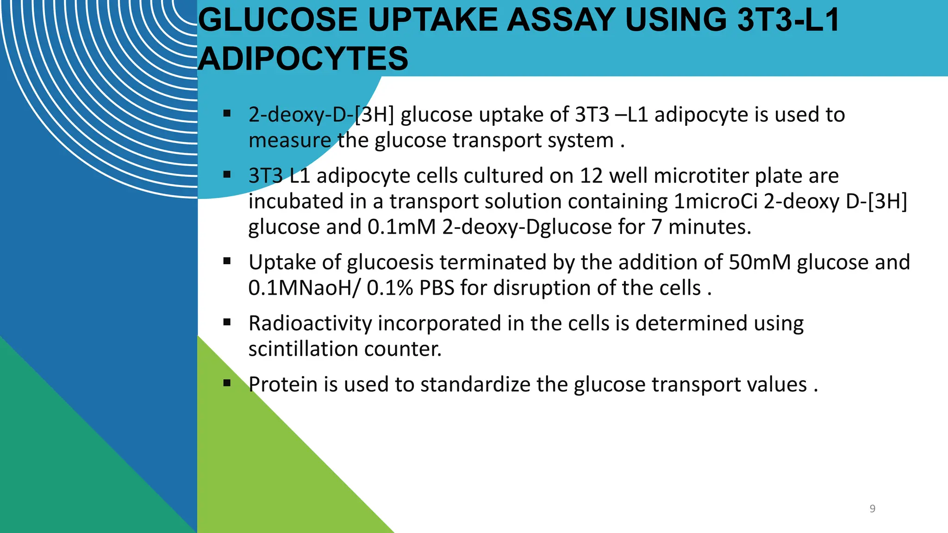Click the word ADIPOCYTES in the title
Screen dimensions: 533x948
pos(303,59)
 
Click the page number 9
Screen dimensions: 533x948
pos(872,508)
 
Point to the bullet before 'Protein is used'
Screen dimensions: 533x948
pos(227,383)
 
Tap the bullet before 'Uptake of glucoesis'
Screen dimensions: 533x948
pos(227,260)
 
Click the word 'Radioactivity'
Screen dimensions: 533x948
pos(310,323)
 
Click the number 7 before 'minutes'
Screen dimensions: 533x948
pos(656,227)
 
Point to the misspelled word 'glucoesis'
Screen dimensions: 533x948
pos(390,262)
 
